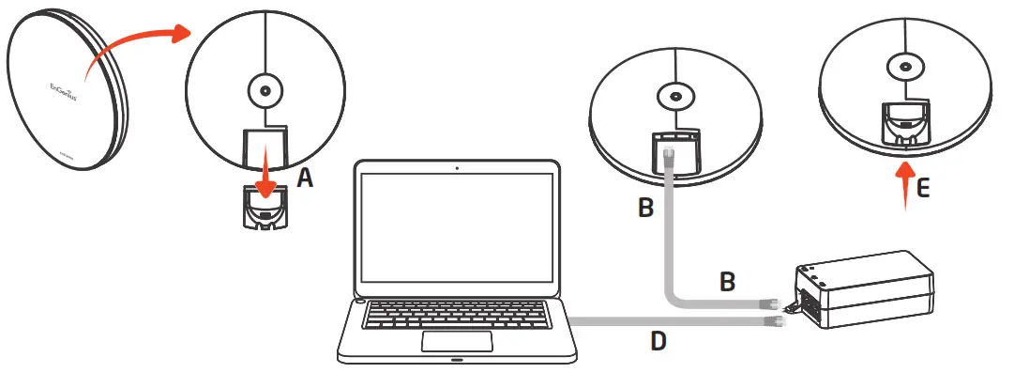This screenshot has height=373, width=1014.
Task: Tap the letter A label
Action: click(305, 179)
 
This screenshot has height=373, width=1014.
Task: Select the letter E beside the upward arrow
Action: click(923, 188)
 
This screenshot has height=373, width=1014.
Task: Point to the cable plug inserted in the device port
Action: click(669, 153)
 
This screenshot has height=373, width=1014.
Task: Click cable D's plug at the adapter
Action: click(775, 322)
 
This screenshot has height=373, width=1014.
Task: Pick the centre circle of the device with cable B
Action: click(673, 96)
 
